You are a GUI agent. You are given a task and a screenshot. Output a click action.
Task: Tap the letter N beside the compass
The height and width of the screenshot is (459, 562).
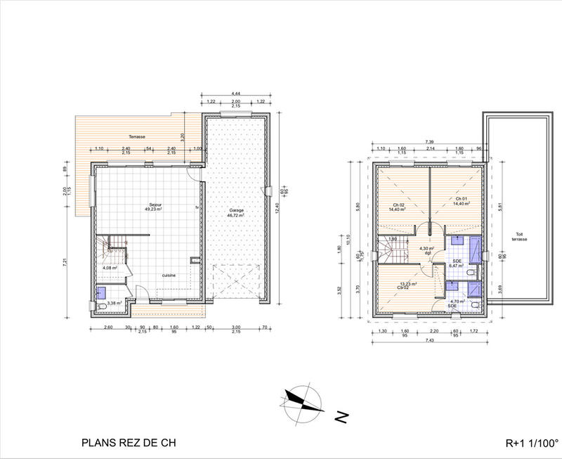click(341, 418)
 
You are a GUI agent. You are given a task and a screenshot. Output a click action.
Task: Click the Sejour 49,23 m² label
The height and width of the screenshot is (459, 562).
click(153, 207)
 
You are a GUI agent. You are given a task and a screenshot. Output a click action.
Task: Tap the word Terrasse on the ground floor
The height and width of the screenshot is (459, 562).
click(136, 136)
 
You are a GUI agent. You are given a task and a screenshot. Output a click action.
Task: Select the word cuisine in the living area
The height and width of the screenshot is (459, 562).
click(169, 275)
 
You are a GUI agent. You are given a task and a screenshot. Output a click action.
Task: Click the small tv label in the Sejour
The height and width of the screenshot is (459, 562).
click(197, 208)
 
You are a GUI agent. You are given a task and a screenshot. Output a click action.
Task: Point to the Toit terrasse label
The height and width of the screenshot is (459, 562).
click(518, 237)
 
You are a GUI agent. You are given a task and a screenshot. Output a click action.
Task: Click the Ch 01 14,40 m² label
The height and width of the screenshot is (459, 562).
click(462, 202)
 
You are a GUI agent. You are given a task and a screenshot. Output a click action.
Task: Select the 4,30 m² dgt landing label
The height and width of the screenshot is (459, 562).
click(427, 250)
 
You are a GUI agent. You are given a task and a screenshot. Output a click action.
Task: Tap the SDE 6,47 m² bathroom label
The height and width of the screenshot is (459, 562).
click(457, 264)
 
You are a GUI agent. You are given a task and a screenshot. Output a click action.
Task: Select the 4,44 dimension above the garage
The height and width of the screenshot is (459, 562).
click(235, 94)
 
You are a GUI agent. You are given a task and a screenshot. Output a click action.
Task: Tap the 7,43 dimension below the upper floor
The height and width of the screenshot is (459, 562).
click(429, 340)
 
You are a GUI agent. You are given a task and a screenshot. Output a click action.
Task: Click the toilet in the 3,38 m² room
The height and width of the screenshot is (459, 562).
click(103, 306)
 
